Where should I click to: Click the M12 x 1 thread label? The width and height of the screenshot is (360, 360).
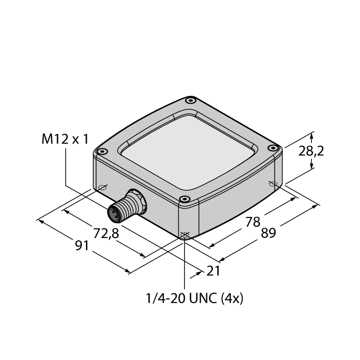pos(65,139)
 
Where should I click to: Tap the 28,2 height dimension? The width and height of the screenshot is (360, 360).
pos(311,152)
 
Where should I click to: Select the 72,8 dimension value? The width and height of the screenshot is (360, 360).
pos(106,234)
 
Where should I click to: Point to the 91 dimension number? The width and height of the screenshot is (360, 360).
pos(82,246)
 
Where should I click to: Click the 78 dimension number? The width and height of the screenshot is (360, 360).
pos(253,222)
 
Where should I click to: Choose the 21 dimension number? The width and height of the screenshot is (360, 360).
pos(213,271)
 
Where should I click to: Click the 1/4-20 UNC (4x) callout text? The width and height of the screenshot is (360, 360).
pos(194,299)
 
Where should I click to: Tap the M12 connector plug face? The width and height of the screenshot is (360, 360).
pos(114,215)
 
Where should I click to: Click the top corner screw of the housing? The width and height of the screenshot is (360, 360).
pos(190,100)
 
